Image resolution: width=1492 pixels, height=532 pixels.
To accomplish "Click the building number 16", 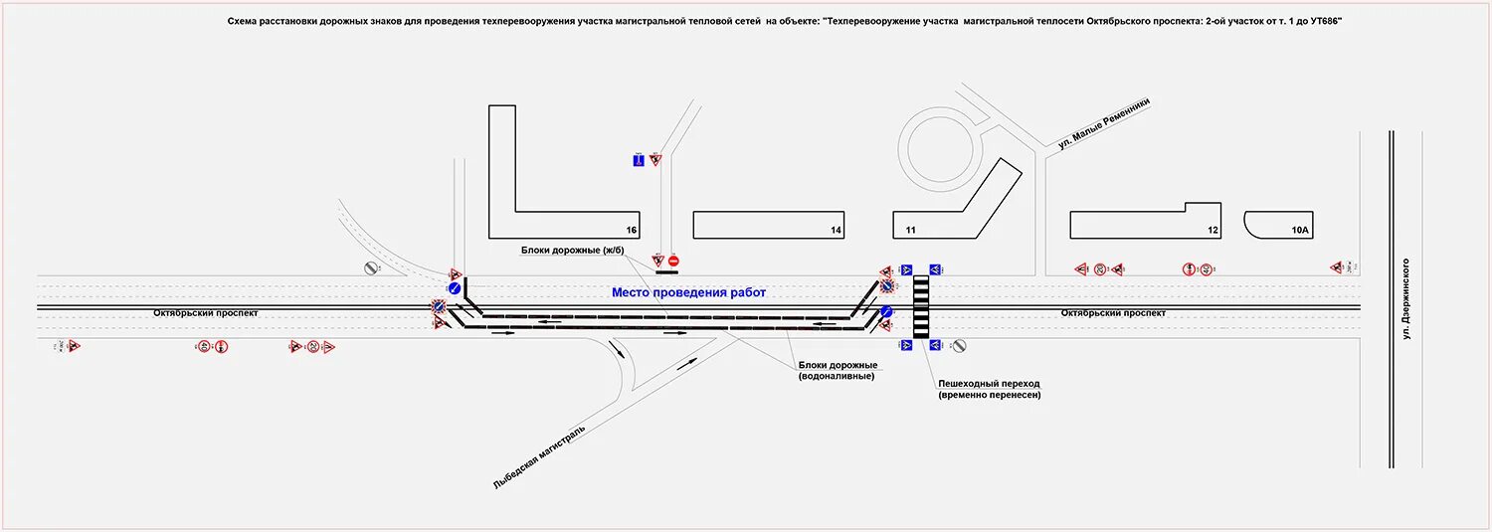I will (x=631, y=231).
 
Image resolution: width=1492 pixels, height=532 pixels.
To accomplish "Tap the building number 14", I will (x=837, y=231).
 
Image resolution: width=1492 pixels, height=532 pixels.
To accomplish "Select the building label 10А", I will (x=1301, y=231).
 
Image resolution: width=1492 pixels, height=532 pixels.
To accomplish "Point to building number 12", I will (x=1212, y=231).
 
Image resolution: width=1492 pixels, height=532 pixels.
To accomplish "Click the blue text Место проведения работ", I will (x=688, y=292).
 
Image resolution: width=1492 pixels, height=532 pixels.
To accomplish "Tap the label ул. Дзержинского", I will (x=1407, y=299).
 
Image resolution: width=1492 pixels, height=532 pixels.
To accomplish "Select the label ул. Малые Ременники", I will (x=1104, y=124).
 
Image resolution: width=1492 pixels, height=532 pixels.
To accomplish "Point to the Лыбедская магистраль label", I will (x=539, y=455).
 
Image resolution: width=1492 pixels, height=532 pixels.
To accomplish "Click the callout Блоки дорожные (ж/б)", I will (x=571, y=250).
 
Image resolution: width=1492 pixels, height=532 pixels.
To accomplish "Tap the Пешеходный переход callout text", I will (x=988, y=389).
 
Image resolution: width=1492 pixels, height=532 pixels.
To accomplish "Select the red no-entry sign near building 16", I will (x=673, y=261).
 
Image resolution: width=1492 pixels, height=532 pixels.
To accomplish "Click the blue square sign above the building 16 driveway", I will (x=639, y=159).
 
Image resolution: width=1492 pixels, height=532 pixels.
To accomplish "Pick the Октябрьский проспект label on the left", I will (x=206, y=312).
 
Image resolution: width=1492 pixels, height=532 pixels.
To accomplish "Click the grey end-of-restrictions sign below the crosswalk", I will (x=959, y=346).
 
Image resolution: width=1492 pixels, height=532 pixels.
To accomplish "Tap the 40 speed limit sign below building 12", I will (x=1206, y=268).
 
